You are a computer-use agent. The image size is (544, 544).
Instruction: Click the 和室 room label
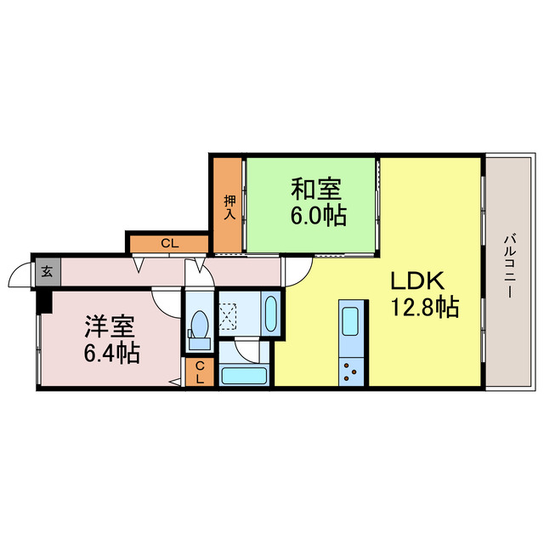point(312,187)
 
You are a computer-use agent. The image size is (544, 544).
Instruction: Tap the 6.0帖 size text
point(318,216)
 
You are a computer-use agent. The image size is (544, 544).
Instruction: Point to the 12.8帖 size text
point(424,308)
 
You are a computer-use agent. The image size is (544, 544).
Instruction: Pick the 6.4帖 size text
point(111,353)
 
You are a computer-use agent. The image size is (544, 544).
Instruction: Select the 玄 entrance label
point(47,272)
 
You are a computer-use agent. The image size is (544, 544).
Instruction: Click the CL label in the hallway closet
point(169,244)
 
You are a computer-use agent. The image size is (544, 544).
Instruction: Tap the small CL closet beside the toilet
point(199,372)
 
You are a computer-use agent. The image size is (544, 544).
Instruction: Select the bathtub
point(244,375)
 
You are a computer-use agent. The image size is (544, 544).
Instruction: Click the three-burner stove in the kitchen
point(351,369)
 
